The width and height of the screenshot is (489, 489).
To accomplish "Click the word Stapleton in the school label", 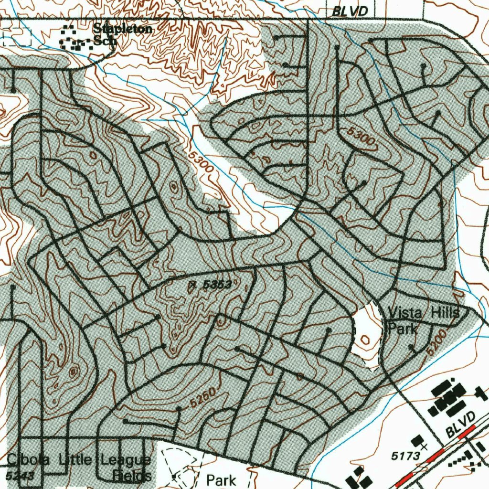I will pyautogui.click(x=123, y=29).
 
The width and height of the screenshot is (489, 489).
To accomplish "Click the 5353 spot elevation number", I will pyautogui.click(x=217, y=285).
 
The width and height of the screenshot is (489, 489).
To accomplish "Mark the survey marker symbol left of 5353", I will pyautogui.click(x=192, y=285).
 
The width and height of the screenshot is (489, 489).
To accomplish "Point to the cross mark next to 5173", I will pyautogui.click(x=424, y=446).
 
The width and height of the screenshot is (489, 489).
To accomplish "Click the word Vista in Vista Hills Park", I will pyautogui.click(x=404, y=313).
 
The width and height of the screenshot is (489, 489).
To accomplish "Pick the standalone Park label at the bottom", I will pyautogui.click(x=221, y=479).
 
